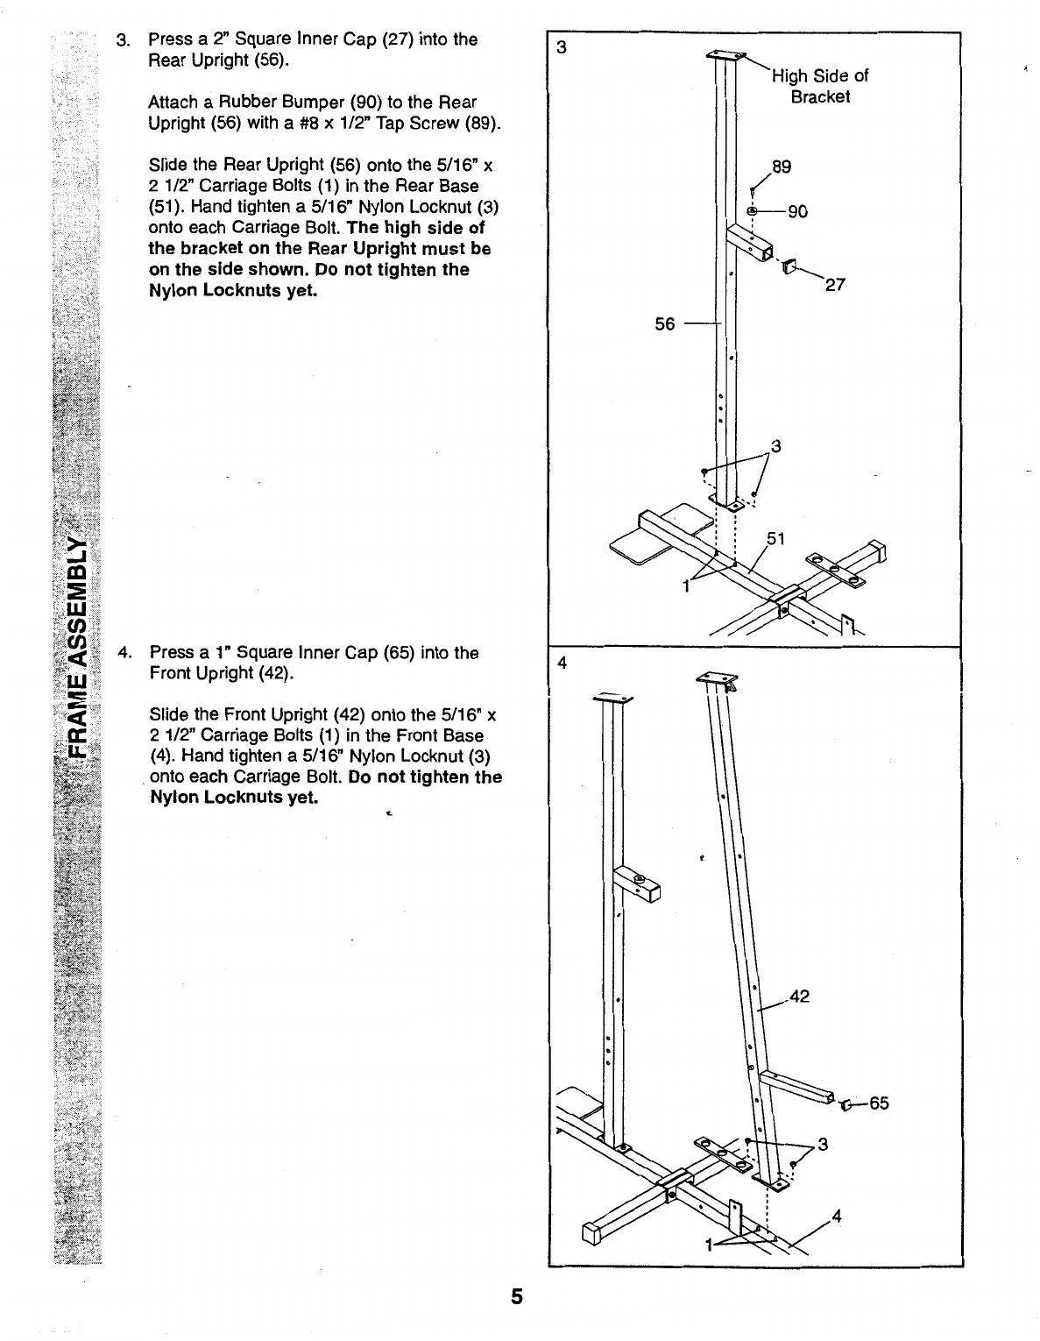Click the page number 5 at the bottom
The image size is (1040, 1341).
pos(517,1295)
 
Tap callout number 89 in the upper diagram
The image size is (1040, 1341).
pos(781,167)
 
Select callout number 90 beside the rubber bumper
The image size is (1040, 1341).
pos(797,211)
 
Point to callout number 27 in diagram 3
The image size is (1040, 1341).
pos(835,284)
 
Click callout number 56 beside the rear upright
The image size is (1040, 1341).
pos(665,324)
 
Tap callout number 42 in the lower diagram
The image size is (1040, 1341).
pos(799,996)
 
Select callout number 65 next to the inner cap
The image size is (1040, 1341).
pos(879,1103)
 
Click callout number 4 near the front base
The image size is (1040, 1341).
pos(837,1216)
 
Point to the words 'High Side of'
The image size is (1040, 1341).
pos(820,75)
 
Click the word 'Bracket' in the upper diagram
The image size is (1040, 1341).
pos(820,96)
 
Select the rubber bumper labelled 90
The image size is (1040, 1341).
pos(753,211)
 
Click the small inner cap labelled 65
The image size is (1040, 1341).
pos(845,1104)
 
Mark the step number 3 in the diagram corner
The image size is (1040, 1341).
pos(560,47)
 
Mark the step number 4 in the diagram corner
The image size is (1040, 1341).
pos(562,663)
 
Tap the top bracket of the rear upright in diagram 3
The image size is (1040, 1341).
pos(726,56)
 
